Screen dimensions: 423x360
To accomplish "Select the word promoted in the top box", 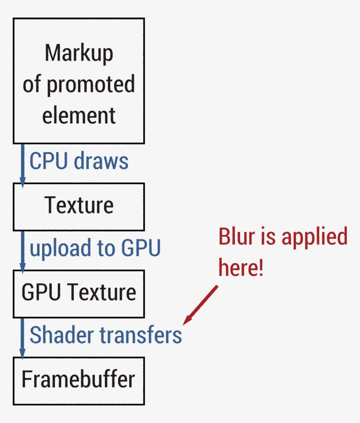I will pos(91,84).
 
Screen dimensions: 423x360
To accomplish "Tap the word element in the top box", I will pos(79,115).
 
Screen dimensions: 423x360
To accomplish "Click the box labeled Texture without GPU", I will pos(79,206).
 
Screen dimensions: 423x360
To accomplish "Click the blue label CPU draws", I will pos(79,161).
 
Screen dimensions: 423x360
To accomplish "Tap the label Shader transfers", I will pos(105,336).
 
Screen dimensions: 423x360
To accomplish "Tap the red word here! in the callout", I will pos(241,268).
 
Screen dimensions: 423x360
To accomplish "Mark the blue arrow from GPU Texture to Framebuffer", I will pos(22,337).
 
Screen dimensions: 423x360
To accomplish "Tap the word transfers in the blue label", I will pos(140,336).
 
